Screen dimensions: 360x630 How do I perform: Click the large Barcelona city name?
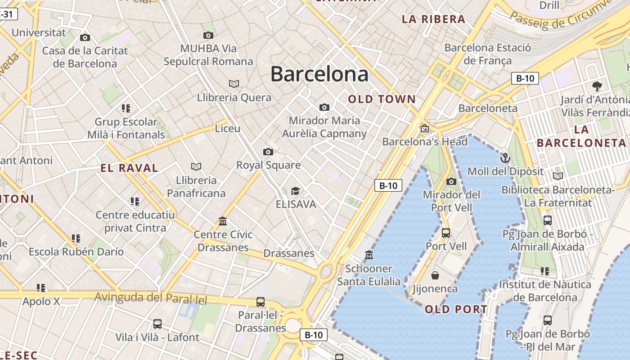point(319,74)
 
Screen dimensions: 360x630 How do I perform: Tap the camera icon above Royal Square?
point(268,152)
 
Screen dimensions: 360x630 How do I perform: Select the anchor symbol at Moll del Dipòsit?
point(505,158)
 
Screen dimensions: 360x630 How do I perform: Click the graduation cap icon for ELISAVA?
point(295,191)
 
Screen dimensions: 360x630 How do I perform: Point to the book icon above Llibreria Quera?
point(234,84)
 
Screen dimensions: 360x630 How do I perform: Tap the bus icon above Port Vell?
point(446,233)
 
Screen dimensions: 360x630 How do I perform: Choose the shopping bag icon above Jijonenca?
point(435,275)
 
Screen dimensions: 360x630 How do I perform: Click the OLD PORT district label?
point(456,309)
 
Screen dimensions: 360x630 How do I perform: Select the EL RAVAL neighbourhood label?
point(129,168)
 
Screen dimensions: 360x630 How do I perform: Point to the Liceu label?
point(228,129)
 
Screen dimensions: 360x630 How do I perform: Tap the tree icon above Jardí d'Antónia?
point(597,86)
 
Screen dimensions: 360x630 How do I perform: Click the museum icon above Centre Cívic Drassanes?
point(222,221)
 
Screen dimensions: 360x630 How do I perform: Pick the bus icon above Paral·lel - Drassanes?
point(260,301)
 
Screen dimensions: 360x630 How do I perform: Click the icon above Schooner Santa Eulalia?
point(369,255)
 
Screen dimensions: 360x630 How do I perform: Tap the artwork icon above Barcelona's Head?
point(424,129)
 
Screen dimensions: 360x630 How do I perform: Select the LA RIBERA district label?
point(433,19)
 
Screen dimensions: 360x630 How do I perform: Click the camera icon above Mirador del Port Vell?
point(451,181)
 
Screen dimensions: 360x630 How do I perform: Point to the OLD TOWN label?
point(382,99)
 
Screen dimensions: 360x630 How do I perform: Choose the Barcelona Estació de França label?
point(488,54)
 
